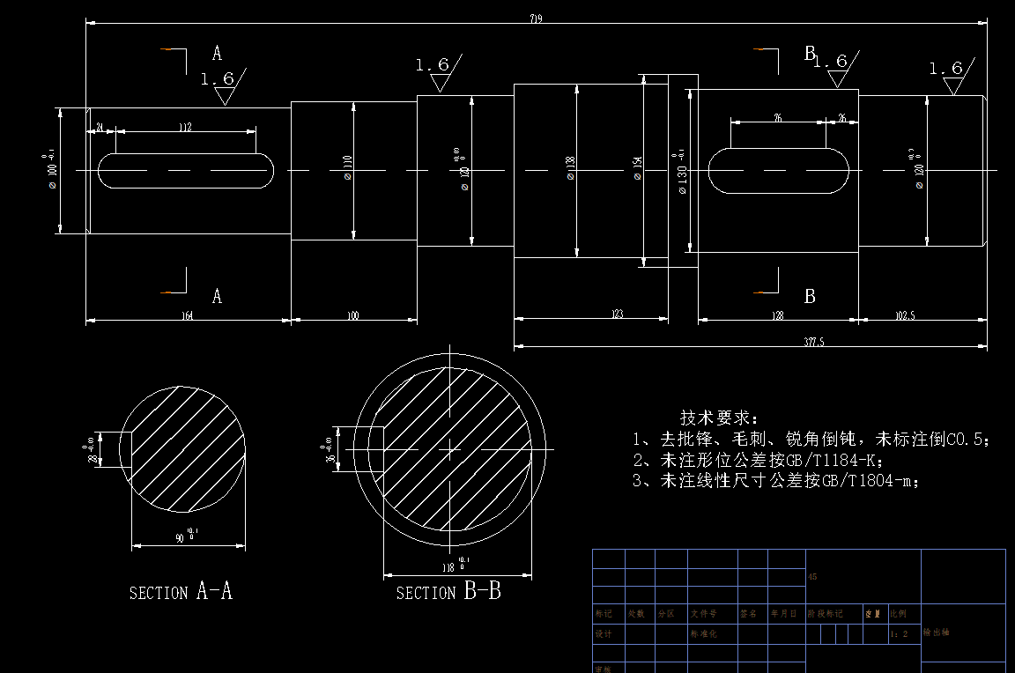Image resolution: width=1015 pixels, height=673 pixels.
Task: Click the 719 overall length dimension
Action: tap(536, 18)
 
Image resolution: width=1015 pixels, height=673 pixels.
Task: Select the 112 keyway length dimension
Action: tap(185, 128)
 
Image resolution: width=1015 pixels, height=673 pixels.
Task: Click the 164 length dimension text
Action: tap(187, 314)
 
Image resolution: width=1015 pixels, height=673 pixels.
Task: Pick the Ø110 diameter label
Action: tap(347, 168)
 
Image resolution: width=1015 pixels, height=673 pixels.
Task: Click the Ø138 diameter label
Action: tap(570, 168)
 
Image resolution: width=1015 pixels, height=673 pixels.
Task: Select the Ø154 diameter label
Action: tap(638, 168)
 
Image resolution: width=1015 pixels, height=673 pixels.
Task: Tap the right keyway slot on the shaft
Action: tap(779, 169)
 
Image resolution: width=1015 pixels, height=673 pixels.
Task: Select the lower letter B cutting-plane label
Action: tap(810, 297)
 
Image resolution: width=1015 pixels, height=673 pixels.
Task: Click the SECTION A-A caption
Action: tap(181, 592)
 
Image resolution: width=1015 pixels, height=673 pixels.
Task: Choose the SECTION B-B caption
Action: tap(448, 592)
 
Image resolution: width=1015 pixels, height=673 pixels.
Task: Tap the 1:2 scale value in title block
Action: tap(899, 633)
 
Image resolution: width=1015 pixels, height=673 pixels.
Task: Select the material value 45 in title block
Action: tap(812, 577)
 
